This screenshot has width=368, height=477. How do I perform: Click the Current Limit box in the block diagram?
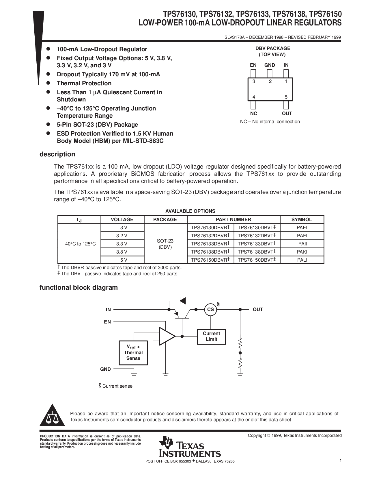tap(211, 337)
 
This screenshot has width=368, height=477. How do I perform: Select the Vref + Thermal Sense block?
tap(133, 353)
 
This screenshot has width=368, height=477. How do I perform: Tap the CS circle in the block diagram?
tap(210, 310)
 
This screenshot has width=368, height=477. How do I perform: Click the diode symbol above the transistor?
tap(183, 301)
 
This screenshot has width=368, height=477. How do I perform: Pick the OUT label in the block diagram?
tap(258, 310)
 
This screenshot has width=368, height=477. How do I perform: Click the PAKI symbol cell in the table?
tap(302, 252)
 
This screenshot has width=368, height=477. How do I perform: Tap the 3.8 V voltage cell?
tap(122, 252)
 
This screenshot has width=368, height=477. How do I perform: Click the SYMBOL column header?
tap(302, 219)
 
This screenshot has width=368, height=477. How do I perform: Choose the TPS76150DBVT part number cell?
tap(257, 260)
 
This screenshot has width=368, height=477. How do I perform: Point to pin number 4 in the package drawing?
tap(254, 97)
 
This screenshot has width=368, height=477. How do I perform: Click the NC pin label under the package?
tap(254, 114)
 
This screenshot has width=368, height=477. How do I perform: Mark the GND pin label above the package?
tap(270, 65)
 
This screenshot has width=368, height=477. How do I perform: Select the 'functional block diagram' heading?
tap(79, 288)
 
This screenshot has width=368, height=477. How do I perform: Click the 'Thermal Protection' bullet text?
tap(84, 84)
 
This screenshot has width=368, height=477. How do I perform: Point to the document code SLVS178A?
tap(234, 37)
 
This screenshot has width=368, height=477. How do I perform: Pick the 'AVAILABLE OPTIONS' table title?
tap(190, 211)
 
